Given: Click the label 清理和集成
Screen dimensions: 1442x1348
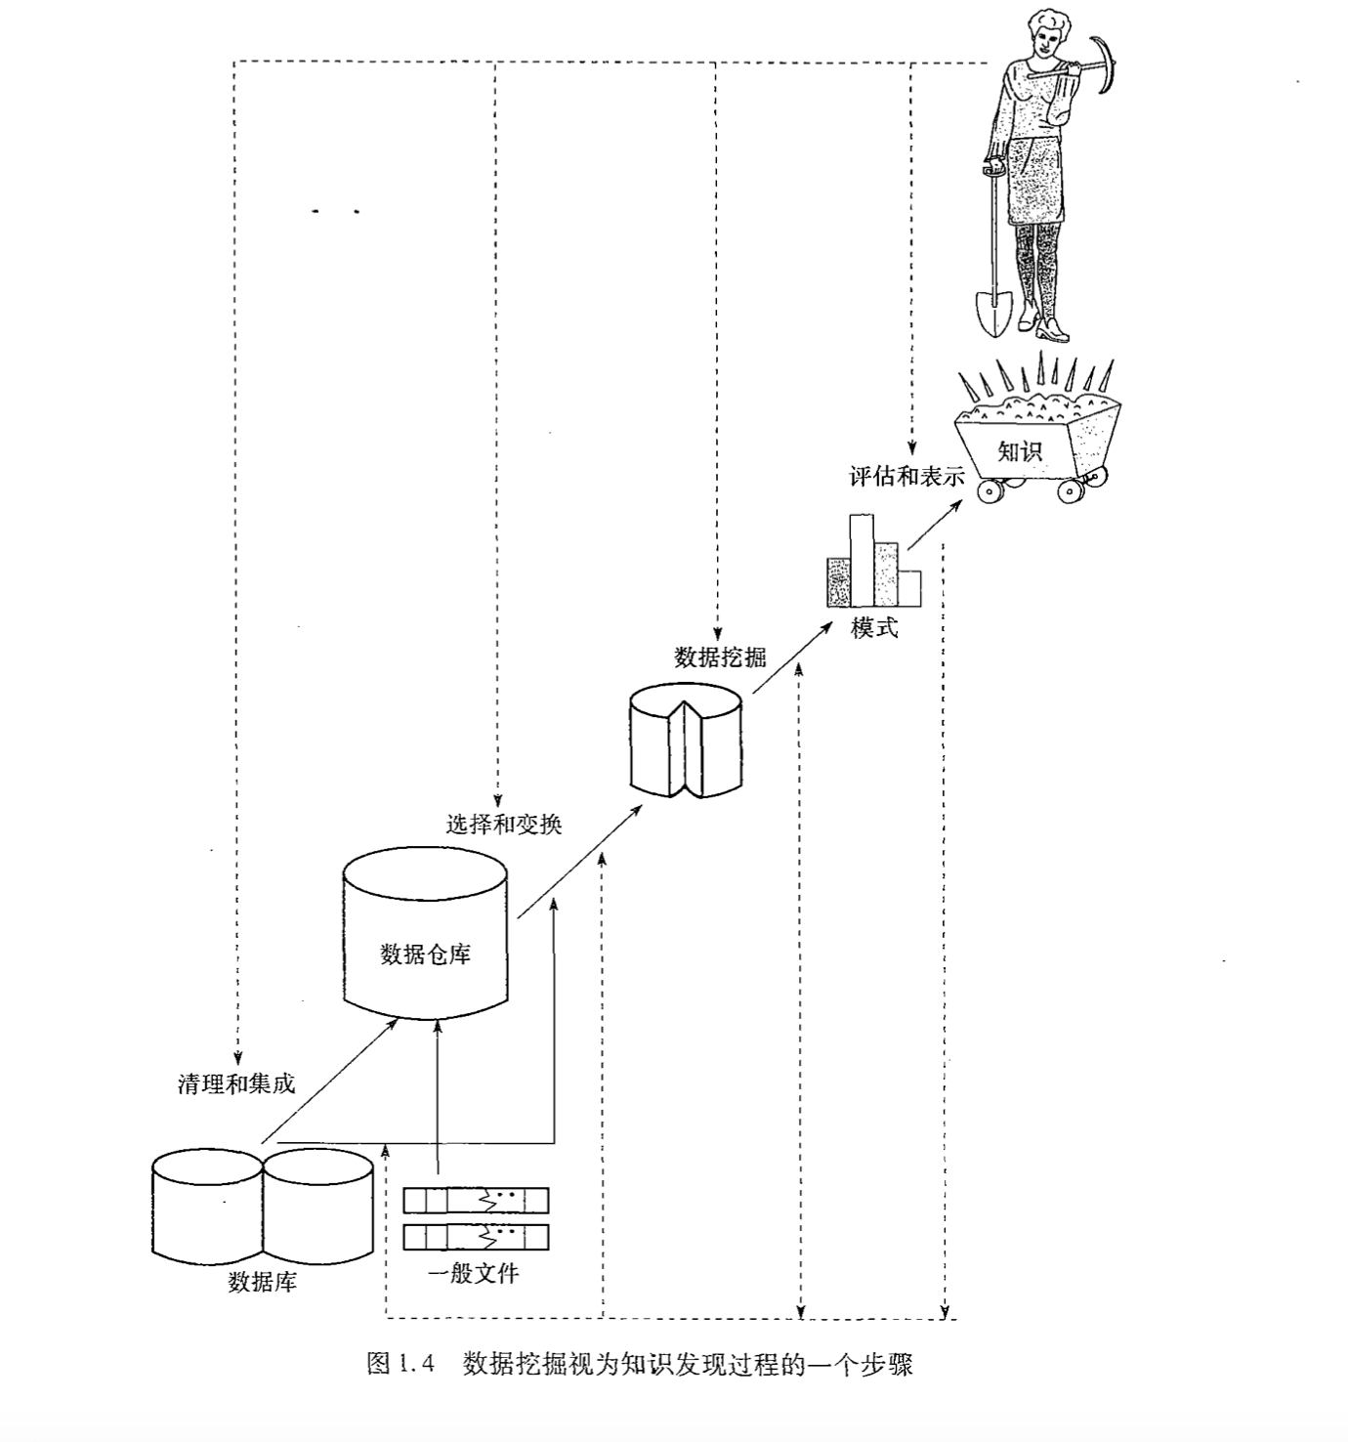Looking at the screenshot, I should (236, 1083).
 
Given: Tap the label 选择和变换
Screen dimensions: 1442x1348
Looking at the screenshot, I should (504, 824).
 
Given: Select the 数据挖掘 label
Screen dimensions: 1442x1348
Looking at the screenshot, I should (720, 657).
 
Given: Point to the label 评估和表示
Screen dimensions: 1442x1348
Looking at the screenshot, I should (906, 477).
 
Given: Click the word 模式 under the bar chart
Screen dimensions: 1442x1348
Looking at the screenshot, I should (873, 628).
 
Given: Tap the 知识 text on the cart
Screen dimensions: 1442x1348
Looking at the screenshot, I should (1019, 451).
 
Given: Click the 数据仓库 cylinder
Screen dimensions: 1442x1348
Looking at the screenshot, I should (426, 938).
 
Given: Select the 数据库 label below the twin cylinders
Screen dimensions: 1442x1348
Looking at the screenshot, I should (262, 1282).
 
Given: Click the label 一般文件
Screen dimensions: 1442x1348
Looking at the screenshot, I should (474, 1273).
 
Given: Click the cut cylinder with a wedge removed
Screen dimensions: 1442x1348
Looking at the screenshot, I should (684, 741).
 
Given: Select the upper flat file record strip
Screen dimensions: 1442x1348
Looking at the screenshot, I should (476, 1199).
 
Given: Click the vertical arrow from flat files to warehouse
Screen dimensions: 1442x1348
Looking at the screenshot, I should (438, 1094).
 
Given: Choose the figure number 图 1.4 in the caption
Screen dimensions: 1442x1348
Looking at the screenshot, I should (399, 1363).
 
